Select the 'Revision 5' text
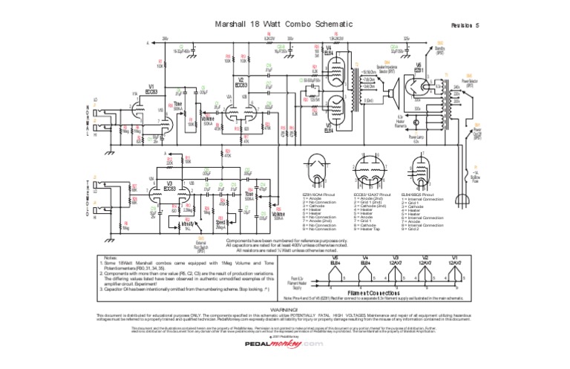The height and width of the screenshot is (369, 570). point(465,26)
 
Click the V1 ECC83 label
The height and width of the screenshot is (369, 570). point(151,88)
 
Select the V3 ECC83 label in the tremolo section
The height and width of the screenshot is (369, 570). point(170,186)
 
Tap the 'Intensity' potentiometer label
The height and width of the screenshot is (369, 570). point(186,223)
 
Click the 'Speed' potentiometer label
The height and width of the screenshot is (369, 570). point(220,222)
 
